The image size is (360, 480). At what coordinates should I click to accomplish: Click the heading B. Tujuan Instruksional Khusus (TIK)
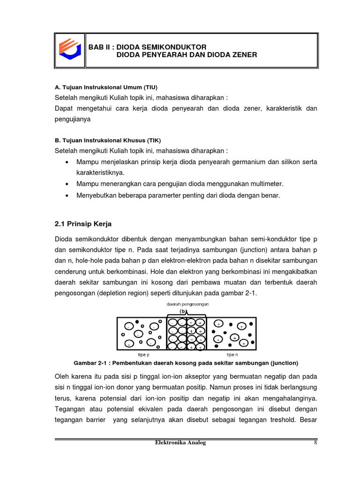click(x=108, y=140)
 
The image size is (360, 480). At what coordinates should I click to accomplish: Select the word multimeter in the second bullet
click(x=267, y=184)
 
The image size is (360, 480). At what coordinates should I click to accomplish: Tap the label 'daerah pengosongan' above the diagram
click(x=187, y=304)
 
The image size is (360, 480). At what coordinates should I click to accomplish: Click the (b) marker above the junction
click(x=184, y=311)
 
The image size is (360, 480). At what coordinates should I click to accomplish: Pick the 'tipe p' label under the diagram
click(x=144, y=355)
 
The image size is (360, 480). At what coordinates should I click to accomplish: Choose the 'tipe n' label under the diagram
click(x=232, y=355)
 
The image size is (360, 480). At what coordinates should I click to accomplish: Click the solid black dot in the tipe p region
click(x=137, y=322)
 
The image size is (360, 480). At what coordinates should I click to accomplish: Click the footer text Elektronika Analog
click(x=180, y=442)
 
